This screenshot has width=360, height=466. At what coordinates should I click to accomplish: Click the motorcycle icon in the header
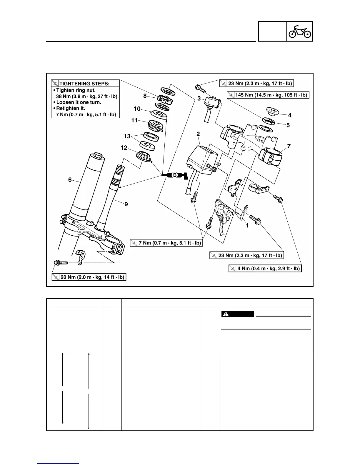click(x=299, y=31)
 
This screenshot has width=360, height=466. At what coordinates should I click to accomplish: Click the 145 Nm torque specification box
click(x=268, y=95)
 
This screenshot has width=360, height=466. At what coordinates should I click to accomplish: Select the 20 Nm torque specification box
click(x=89, y=277)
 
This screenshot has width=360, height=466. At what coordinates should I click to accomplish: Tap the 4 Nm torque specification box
click(x=265, y=268)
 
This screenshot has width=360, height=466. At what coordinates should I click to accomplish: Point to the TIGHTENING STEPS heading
click(x=84, y=84)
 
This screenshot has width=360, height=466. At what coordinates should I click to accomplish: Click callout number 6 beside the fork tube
click(x=70, y=179)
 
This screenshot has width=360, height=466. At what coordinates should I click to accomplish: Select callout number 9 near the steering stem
click(x=126, y=204)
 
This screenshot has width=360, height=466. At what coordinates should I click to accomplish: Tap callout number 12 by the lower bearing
click(x=124, y=148)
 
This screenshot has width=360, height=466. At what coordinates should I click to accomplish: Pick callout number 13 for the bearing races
click(x=127, y=136)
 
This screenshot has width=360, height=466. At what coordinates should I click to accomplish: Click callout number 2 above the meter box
click(x=198, y=134)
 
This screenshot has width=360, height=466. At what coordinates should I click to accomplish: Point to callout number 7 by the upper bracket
click(x=289, y=146)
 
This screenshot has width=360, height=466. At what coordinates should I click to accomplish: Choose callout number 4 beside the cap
click(x=290, y=115)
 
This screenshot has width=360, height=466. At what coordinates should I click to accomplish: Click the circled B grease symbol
click(x=174, y=175)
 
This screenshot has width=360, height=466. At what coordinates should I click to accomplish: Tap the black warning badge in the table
click(x=237, y=314)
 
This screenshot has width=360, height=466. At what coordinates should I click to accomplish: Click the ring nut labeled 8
click(x=162, y=99)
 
